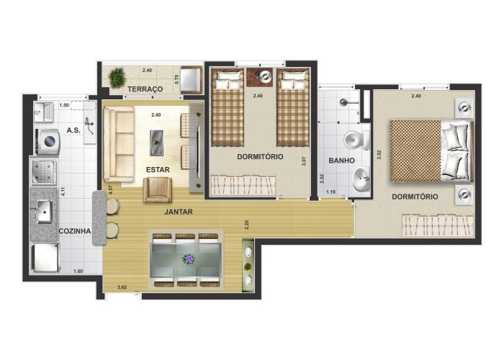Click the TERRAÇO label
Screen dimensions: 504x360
coord(145,89)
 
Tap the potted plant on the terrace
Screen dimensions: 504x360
coord(117,78)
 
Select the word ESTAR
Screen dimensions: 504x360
coord(158,170)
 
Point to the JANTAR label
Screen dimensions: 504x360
coord(179,212)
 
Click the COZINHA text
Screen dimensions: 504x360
coord(75,231)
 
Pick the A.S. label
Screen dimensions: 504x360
coord(73,130)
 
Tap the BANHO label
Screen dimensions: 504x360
coord(342,161)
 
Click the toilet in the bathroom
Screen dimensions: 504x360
coord(357,140)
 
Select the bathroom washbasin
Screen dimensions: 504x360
coord(361,179)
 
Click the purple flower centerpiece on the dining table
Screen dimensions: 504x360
coord(189,258)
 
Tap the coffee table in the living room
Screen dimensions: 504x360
coord(156,143)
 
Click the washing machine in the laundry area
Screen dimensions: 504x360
coord(48,141)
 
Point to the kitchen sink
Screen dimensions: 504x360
coord(44,212)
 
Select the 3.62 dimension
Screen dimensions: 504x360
coord(122,287)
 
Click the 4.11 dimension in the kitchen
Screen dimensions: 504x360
coord(63,192)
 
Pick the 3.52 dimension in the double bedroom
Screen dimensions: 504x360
coord(379,155)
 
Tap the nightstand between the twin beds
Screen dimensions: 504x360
coord(260,77)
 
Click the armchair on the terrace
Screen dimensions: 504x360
coord(192,80)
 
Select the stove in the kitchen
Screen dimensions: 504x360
coord(44,171)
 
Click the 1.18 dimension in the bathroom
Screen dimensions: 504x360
coord(330,192)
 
